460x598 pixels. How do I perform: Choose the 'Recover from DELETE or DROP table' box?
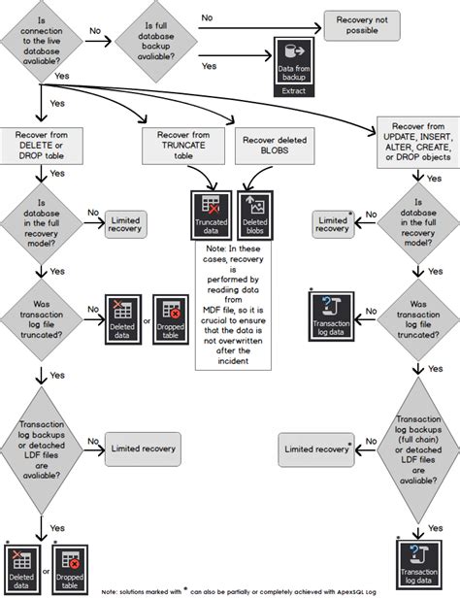point(41,145)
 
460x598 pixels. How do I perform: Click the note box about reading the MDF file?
point(234,305)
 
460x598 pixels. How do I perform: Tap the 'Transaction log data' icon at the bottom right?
point(418,562)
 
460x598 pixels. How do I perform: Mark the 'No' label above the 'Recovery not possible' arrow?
point(208,17)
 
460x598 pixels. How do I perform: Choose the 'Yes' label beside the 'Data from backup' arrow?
point(208,66)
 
